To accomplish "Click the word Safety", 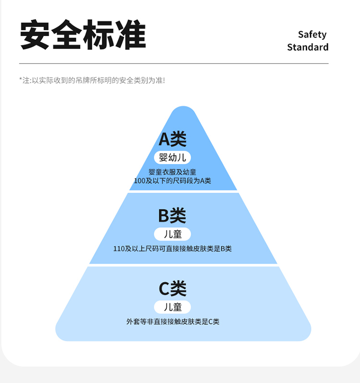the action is tap(312, 35).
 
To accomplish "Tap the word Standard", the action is tap(308, 47).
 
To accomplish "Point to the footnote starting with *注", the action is tap(92, 80).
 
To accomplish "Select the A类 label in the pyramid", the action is tap(172, 139).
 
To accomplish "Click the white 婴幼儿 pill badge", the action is tap(172, 158).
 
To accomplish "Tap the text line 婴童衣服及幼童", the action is tap(172, 172).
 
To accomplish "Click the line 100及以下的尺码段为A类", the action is tap(172, 181).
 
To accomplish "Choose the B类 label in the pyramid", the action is tap(172, 216).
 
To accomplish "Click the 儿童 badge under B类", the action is tap(172, 234).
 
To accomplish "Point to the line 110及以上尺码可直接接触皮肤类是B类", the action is tap(172, 249).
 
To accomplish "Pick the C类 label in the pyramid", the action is tap(172, 288).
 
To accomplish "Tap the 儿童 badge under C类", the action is tap(172, 307).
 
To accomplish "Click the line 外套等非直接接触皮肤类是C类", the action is tap(172, 321).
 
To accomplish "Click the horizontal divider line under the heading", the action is tap(174, 63).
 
